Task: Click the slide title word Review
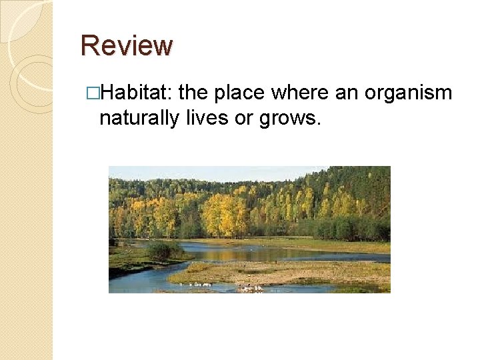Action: pos(126,45)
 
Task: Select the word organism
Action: pos(407,93)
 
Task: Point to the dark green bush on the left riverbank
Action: pos(163,251)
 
